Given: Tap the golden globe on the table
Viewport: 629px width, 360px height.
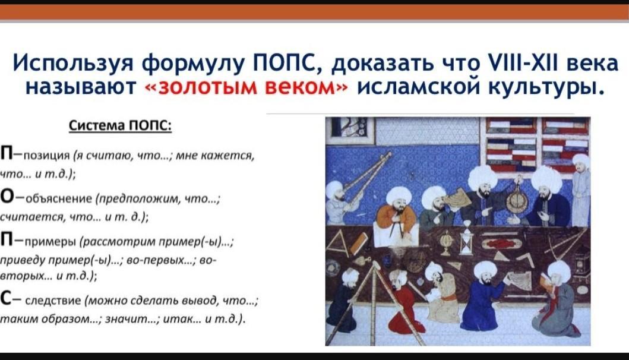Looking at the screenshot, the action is [x=445, y=242].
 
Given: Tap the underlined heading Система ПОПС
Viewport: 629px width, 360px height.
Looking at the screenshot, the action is [x=120, y=125].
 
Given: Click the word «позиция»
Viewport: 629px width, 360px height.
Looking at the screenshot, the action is [x=48, y=156].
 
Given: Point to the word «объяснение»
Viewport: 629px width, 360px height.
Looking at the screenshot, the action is [x=59, y=198].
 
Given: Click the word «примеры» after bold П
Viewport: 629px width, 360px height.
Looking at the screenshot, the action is [x=50, y=242].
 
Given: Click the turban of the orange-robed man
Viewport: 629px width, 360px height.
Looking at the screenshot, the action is [x=399, y=196].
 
